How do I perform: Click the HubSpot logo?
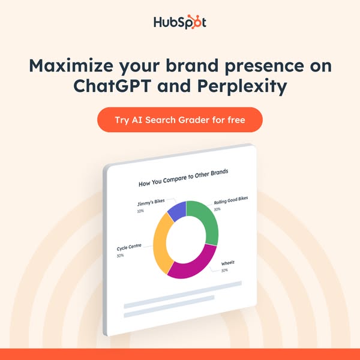click(x=180, y=22)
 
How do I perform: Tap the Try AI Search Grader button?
click(x=180, y=119)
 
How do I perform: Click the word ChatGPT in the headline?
click(x=112, y=86)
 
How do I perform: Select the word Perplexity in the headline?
click(x=242, y=87)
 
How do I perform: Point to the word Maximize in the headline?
click(x=71, y=65)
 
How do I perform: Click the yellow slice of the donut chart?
click(x=160, y=244)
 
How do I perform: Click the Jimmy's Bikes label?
click(x=151, y=203)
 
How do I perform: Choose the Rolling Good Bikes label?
click(x=231, y=200)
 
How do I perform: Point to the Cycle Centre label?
click(x=129, y=247)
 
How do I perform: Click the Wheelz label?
click(x=228, y=263)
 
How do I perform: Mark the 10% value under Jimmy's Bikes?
click(x=140, y=211)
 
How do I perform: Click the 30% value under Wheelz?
click(x=224, y=271)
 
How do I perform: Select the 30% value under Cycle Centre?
click(x=120, y=256)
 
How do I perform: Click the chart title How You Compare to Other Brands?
click(x=183, y=178)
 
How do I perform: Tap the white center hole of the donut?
click(x=186, y=239)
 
